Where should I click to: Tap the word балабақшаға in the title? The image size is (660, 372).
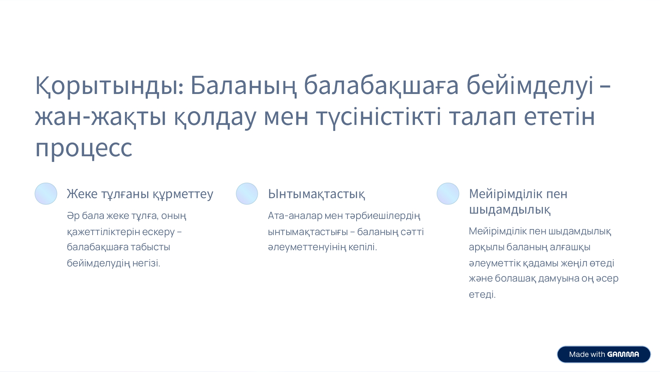(x=381, y=86)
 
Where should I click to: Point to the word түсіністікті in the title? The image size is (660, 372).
(x=379, y=116)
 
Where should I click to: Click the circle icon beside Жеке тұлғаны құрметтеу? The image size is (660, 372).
(x=46, y=194)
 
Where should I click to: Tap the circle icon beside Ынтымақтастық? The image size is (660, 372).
(x=247, y=194)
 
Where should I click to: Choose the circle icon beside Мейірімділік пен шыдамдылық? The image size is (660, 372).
(x=448, y=194)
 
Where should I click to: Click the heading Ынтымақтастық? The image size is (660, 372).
(x=316, y=194)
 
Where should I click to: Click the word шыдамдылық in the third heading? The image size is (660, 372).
(x=510, y=210)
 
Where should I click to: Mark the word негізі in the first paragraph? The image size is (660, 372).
(x=146, y=263)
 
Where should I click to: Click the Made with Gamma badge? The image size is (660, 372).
(x=604, y=354)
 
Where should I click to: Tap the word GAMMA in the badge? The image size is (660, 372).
(x=623, y=354)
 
